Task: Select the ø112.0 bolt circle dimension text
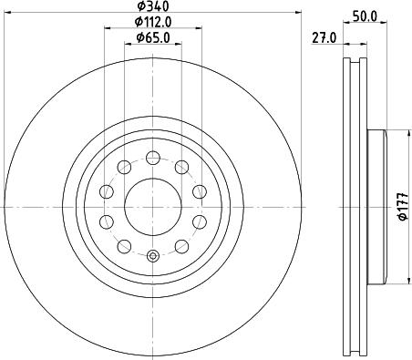coord(154,22)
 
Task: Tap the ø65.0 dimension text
coord(154,37)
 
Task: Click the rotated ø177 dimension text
coord(402,208)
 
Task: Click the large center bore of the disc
coord(153,206)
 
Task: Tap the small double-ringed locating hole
coord(153,255)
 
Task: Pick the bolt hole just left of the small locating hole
coord(124,246)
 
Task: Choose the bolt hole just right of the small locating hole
coord(182,246)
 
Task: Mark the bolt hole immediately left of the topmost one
coord(124,166)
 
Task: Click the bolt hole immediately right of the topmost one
coord(182,166)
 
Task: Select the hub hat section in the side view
coord(376,206)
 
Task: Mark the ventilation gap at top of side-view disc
coord(354,68)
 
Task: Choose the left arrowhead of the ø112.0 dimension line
coord(108,28)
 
